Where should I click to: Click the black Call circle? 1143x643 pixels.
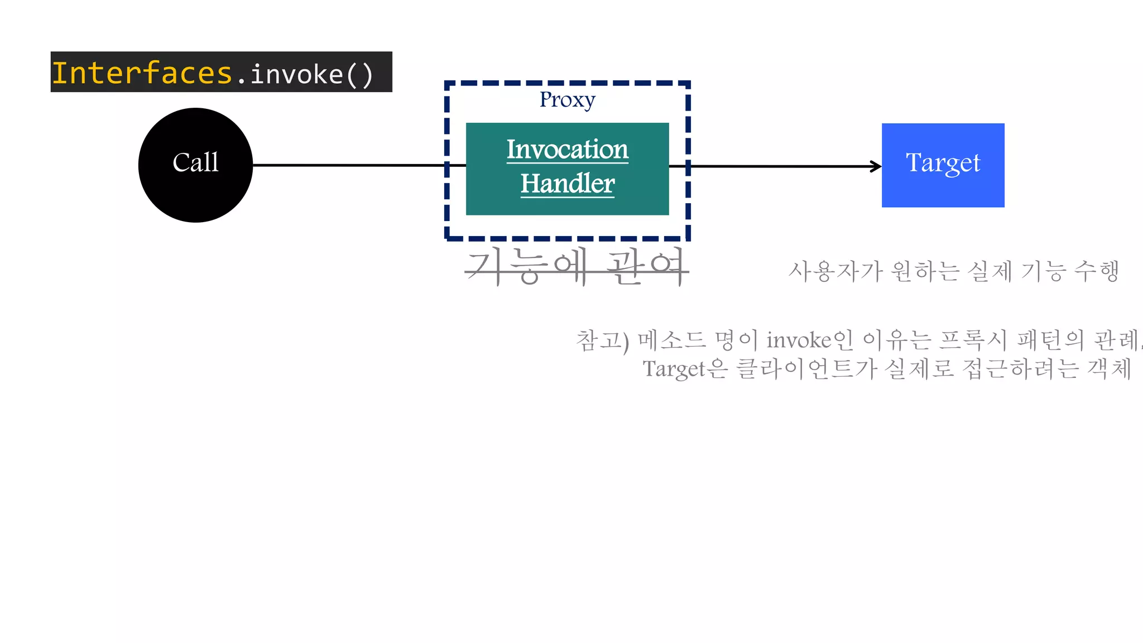(195, 165)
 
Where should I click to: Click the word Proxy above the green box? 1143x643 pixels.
(567, 100)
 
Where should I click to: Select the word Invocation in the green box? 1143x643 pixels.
(567, 150)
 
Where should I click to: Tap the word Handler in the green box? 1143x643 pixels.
(567, 184)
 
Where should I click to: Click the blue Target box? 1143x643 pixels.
(943, 165)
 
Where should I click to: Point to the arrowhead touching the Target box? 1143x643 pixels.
(877, 166)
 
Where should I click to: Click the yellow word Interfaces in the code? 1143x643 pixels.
(142, 73)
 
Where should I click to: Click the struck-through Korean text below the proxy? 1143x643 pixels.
(576, 267)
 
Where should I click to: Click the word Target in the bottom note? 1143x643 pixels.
(674, 369)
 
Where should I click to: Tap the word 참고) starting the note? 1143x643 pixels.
(602, 340)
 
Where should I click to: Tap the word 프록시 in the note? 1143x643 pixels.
(973, 340)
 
